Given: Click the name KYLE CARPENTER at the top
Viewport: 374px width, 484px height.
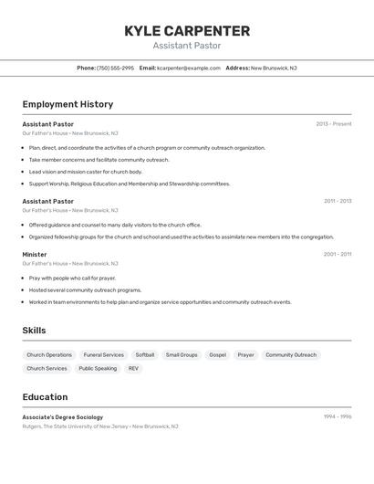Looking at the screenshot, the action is [186, 31].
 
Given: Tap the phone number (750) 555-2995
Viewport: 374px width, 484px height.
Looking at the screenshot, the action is [115, 68].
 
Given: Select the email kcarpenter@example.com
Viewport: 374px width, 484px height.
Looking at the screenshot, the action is [189, 68].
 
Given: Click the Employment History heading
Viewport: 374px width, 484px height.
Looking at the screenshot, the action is [68, 104].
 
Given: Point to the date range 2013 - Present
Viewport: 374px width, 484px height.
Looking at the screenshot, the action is [333, 124].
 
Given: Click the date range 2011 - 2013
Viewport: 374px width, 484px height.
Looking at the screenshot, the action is [337, 201].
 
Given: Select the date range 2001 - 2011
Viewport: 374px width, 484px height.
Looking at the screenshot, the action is [337, 255].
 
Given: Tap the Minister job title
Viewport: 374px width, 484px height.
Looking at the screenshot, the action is [35, 255].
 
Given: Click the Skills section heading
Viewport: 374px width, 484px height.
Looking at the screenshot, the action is [34, 331].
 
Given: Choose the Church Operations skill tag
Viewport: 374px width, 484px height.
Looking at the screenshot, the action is [49, 354].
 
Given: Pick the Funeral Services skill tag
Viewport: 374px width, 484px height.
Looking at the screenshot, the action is [103, 354].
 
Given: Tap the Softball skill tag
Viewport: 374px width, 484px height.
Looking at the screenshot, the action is [145, 354].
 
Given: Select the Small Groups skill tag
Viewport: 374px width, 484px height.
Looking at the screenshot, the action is [182, 354].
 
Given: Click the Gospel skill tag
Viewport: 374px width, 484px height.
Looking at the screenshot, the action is [217, 354].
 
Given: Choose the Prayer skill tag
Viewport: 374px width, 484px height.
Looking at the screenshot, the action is [246, 354].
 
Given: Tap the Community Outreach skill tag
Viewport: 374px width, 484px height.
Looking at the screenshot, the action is [291, 354].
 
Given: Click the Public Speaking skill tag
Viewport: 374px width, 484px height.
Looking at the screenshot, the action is [98, 368].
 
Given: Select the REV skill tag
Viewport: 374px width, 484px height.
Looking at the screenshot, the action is [133, 368].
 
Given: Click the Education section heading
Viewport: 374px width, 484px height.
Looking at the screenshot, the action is [45, 397].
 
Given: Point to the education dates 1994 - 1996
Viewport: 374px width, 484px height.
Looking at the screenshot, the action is [337, 416].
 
